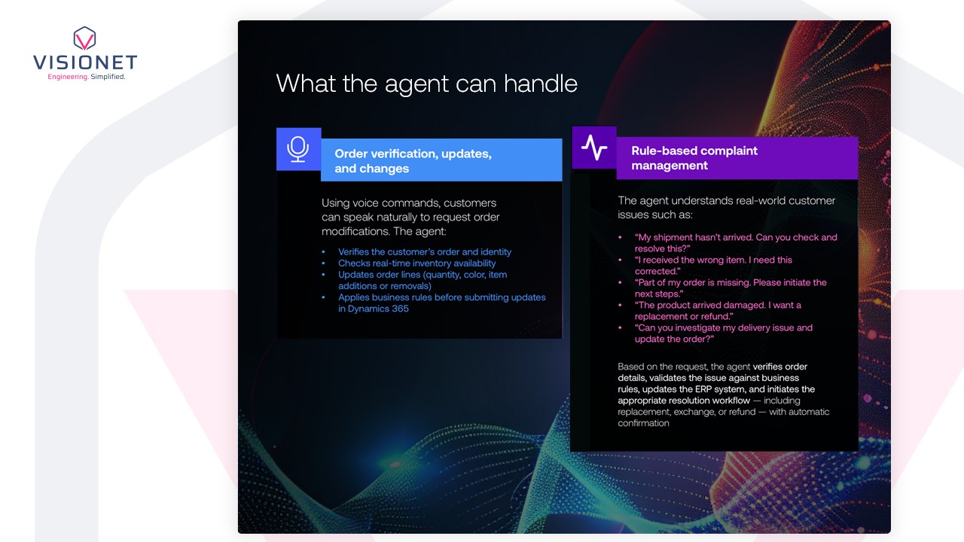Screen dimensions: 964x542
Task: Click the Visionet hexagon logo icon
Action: pos(84,38)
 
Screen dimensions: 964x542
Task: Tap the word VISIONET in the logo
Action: pos(85,62)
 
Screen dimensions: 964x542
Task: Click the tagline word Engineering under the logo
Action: pos(68,77)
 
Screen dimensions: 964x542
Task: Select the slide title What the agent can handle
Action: pos(426,84)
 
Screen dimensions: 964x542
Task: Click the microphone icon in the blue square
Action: pos(297,149)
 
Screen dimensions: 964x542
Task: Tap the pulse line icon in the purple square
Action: pos(594,148)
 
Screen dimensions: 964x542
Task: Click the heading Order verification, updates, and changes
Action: pos(413,161)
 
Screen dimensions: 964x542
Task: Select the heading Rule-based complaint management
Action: pos(694,158)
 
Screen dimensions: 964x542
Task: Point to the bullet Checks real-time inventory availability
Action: pos(416,263)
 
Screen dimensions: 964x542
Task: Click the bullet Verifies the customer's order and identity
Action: pos(424,251)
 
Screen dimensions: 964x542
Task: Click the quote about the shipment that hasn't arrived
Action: pos(736,243)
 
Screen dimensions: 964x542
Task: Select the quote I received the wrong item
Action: pos(713,266)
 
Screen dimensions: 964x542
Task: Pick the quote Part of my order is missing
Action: pos(731,288)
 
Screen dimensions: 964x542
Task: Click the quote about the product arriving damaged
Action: pos(718,311)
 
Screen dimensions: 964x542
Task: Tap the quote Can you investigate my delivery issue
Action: pos(724,333)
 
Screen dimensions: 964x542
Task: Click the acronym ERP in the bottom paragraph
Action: pos(703,389)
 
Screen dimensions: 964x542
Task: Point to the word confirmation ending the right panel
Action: pos(643,423)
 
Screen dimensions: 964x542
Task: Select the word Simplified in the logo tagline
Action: pos(108,77)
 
